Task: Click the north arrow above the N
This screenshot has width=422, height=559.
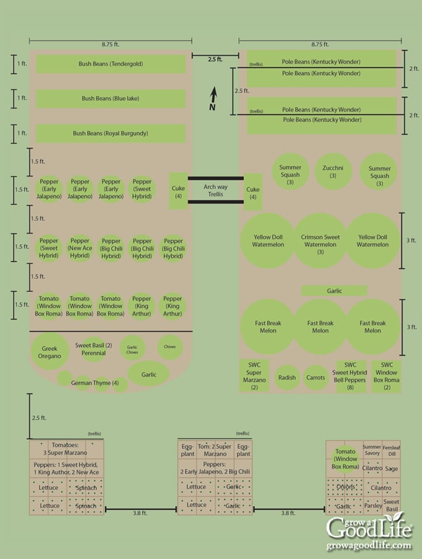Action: click(x=213, y=94)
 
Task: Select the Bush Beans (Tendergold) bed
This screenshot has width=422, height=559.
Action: click(x=111, y=64)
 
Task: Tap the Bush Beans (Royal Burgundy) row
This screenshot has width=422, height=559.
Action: click(x=111, y=134)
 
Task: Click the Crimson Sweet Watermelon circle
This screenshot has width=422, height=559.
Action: click(x=320, y=241)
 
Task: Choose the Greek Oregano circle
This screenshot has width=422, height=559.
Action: click(x=50, y=352)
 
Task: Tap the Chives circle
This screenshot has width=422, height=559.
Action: click(x=169, y=347)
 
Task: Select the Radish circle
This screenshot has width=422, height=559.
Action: click(x=287, y=377)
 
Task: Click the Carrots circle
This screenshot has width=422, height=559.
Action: click(x=316, y=377)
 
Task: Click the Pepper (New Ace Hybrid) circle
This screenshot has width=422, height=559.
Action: click(x=80, y=248)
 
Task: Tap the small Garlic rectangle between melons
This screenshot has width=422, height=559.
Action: click(x=334, y=291)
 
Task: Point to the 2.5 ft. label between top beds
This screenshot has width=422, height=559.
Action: click(x=215, y=60)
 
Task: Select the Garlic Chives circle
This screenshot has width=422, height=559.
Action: click(x=132, y=350)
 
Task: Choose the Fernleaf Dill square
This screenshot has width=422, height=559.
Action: click(x=391, y=450)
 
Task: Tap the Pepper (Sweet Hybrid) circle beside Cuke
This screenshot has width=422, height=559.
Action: click(x=142, y=190)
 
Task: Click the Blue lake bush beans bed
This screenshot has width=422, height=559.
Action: click(x=111, y=99)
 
